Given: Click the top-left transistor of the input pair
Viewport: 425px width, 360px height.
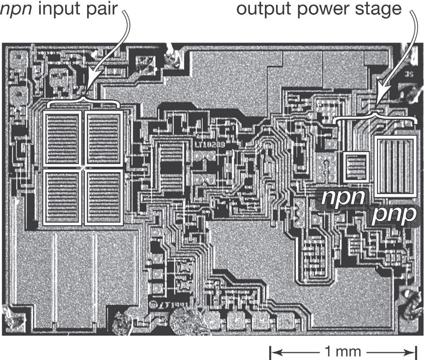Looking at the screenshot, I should tap(62, 139).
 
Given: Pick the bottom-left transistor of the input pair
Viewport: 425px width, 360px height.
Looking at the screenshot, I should tap(62, 197).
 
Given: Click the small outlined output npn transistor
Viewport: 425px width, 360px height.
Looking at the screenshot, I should tap(356, 167).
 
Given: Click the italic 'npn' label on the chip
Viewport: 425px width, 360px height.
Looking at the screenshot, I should tap(343, 198).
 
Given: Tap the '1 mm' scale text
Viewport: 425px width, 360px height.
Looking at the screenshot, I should tap(343, 351).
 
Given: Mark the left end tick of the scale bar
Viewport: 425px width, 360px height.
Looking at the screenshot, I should tap(270, 351).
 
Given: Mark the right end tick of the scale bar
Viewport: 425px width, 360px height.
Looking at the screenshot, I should tap(416, 351).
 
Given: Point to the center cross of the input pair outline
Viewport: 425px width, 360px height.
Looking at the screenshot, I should tap(83, 168).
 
